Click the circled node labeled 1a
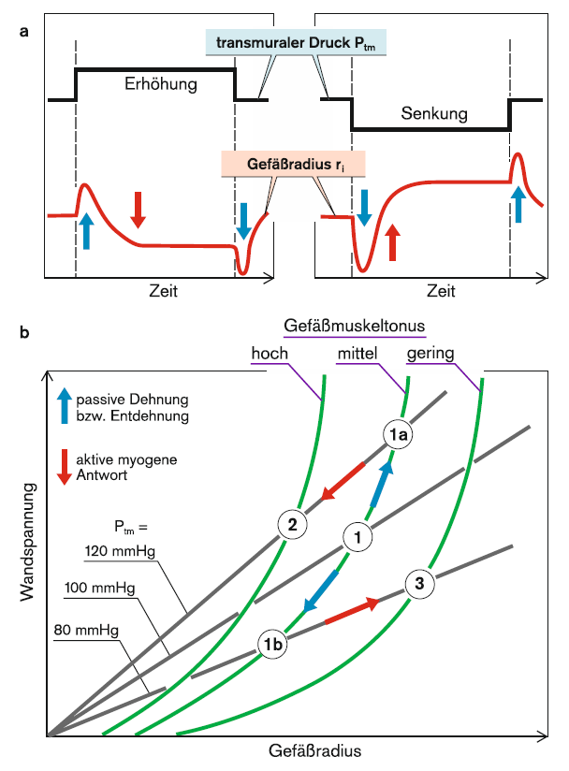[398, 434]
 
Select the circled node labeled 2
[293, 525]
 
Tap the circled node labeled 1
[357, 536]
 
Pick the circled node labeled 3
[419, 584]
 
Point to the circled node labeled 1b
[273, 644]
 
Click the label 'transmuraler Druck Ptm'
[296, 43]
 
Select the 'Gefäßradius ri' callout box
[294, 164]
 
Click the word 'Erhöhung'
[161, 83]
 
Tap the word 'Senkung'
[434, 113]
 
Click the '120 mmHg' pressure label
[120, 551]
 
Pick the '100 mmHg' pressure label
[99, 588]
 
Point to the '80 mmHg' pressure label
[86, 630]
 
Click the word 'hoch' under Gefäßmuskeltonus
[270, 353]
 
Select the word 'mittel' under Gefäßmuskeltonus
[357, 353]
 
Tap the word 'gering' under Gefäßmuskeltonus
[430, 354]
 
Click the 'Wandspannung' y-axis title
[28, 542]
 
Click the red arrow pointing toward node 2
[343, 481]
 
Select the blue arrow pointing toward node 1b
[321, 591]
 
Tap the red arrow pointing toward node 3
[352, 610]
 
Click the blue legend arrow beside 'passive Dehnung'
[65, 406]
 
